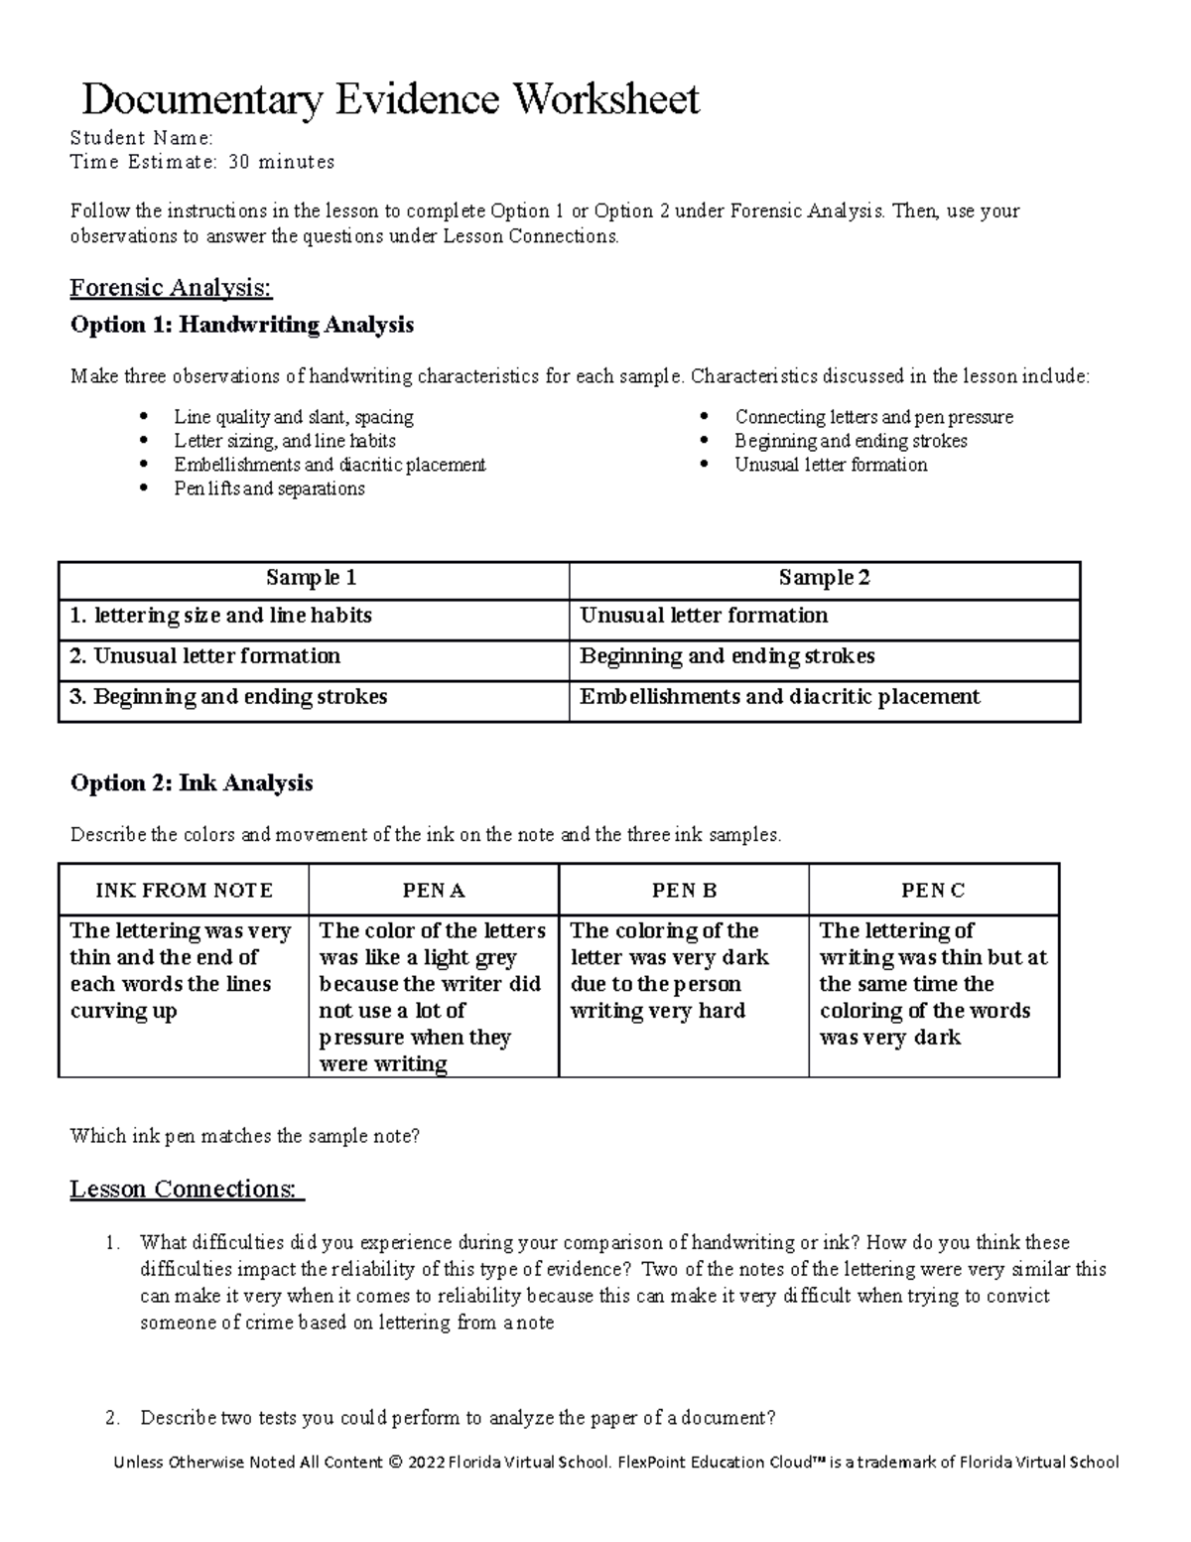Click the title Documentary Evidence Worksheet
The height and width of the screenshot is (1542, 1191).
[390, 99]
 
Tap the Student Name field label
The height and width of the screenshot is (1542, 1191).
[141, 138]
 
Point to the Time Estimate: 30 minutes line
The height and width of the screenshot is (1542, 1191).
[202, 162]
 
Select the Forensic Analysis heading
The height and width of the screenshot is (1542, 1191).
[170, 288]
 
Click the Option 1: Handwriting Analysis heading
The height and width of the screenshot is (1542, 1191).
[242, 325]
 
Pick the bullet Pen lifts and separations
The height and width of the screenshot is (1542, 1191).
[269, 489]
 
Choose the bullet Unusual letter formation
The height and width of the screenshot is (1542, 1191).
[831, 465]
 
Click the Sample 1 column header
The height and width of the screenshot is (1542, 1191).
[312, 578]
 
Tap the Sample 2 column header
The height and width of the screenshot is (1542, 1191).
[824, 578]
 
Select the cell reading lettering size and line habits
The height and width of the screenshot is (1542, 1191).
[221, 616]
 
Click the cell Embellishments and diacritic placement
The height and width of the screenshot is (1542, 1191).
[780, 697]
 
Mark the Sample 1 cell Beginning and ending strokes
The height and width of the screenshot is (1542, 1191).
[229, 697]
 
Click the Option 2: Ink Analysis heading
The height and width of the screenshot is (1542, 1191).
[192, 783]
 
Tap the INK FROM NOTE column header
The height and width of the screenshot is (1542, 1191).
[184, 891]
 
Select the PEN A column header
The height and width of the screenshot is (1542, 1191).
[434, 891]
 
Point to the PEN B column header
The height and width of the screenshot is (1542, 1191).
[684, 891]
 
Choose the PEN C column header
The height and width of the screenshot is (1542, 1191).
[933, 891]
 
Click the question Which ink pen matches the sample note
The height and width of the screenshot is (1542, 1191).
[245, 1136]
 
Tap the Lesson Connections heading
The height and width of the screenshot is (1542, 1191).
[187, 1190]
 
